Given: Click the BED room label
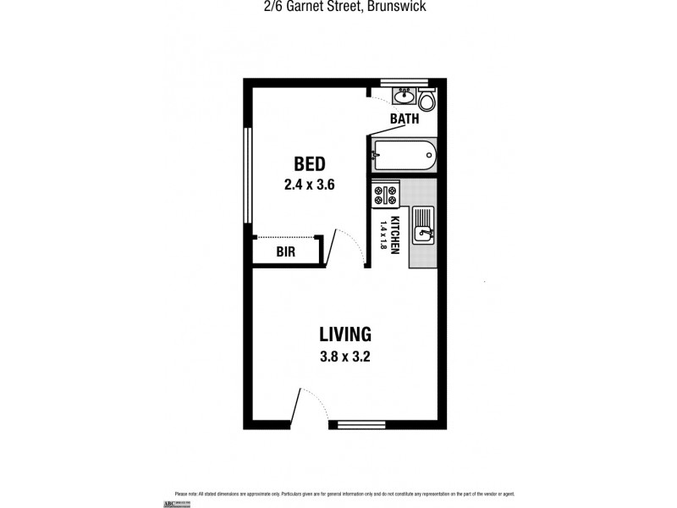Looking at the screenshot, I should pos(310,163).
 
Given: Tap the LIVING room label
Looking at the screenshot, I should pos(344,334).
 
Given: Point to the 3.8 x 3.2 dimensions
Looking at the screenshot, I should pos(344,356).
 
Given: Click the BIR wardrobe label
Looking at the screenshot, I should pos(286,251).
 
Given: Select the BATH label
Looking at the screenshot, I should pos(405,119).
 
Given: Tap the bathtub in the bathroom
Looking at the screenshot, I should pos(404,156).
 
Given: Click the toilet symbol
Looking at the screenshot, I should pos(428,101).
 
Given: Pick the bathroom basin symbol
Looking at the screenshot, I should pos(404,94).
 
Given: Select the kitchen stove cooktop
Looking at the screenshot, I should pos(386,196).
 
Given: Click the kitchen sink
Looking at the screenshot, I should pos(423,225).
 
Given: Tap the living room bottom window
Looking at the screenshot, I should pos(361,425).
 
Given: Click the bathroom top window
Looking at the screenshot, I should pos(405,82).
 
